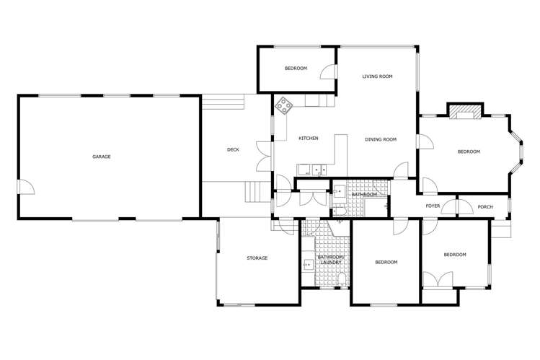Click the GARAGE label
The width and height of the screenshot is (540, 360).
click(101, 157)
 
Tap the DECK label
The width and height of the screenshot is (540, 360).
click(233, 150)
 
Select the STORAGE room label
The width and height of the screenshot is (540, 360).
click(257, 258)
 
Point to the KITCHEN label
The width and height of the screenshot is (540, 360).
click(309, 139)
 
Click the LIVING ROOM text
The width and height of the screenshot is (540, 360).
click(377, 76)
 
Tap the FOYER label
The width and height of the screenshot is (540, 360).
click(433, 206)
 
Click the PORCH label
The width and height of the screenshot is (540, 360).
click(485, 207)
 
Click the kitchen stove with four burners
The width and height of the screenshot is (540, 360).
click(284, 105)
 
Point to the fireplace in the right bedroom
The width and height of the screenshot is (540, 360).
click(465, 111)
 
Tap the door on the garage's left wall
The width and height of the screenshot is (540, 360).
click(25, 188)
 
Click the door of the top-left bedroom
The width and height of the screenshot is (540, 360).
click(327, 71)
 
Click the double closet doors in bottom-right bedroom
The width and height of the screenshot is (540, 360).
click(440, 280)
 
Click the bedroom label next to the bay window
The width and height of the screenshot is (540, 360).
click(469, 152)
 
